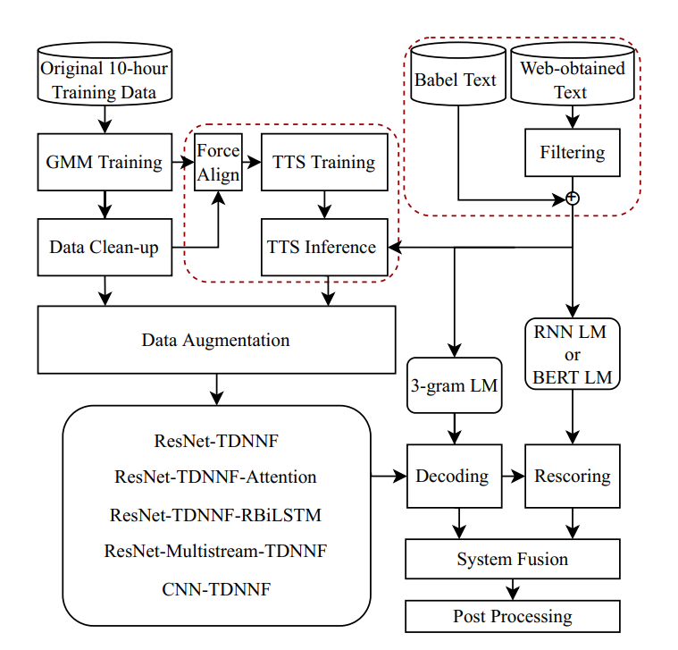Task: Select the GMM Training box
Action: [105, 162]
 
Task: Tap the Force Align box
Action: [219, 162]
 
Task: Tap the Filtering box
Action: [573, 152]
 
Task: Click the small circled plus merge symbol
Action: [573, 198]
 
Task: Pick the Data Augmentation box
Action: [216, 340]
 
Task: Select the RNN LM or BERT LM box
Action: [573, 355]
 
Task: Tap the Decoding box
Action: [452, 476]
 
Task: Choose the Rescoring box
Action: [572, 476]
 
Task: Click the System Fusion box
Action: [513, 560]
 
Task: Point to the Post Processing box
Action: [513, 616]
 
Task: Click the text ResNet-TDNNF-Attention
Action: [216, 477]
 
